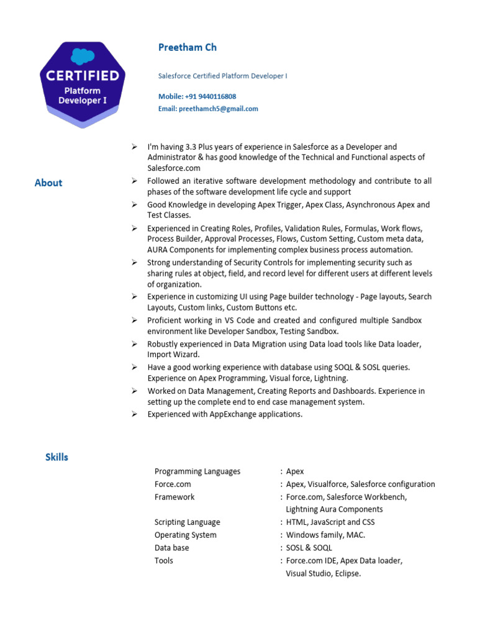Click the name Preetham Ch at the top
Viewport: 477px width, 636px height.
(187, 48)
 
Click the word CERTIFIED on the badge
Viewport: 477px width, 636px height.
(83, 76)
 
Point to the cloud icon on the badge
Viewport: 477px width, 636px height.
(83, 57)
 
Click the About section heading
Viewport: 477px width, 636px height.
(48, 183)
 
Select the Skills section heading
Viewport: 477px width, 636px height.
(57, 457)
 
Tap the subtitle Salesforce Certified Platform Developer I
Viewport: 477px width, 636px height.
(222, 76)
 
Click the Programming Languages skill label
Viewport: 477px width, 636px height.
(197, 471)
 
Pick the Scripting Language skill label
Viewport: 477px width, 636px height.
(187, 522)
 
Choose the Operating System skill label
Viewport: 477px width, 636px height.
(185, 535)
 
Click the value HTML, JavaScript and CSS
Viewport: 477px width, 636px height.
(330, 522)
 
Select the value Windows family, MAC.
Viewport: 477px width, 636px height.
(325, 535)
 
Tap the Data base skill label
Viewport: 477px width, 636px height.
(171, 548)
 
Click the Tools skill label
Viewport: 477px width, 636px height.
(163, 560)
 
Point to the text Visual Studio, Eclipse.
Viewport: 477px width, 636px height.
(323, 573)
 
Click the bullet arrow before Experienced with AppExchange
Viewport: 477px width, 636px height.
(134, 414)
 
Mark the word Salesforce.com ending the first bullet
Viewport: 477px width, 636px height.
(174, 168)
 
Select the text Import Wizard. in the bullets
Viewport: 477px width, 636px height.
(173, 355)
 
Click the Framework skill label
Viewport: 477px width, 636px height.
(174, 497)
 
